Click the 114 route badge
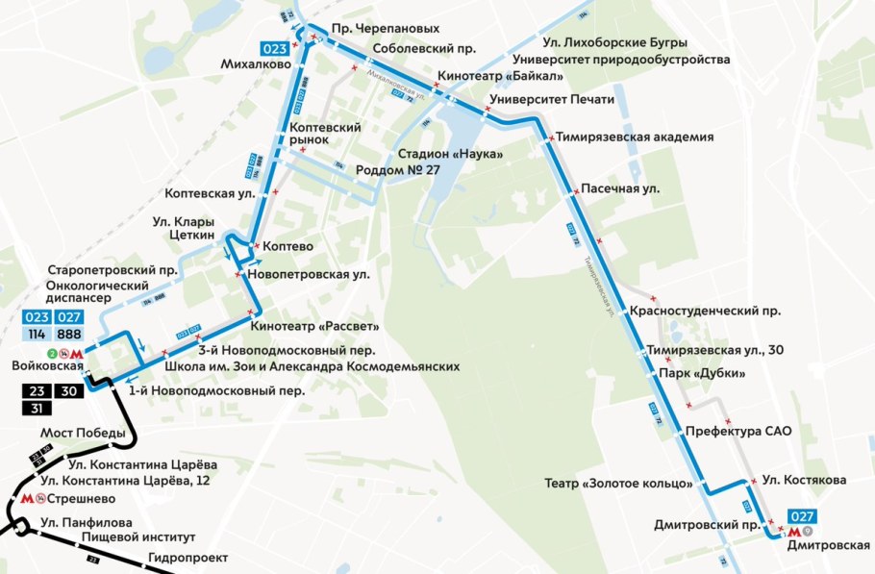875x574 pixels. (x=37, y=334)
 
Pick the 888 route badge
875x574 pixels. (x=69, y=334)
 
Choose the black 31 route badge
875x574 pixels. (x=37, y=408)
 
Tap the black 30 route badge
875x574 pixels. (x=69, y=391)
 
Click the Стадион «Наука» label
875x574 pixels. (x=450, y=154)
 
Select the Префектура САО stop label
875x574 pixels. (x=737, y=431)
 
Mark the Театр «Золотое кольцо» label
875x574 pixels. (x=620, y=483)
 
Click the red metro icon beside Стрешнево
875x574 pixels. (x=28, y=500)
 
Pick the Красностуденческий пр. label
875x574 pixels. (x=706, y=312)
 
